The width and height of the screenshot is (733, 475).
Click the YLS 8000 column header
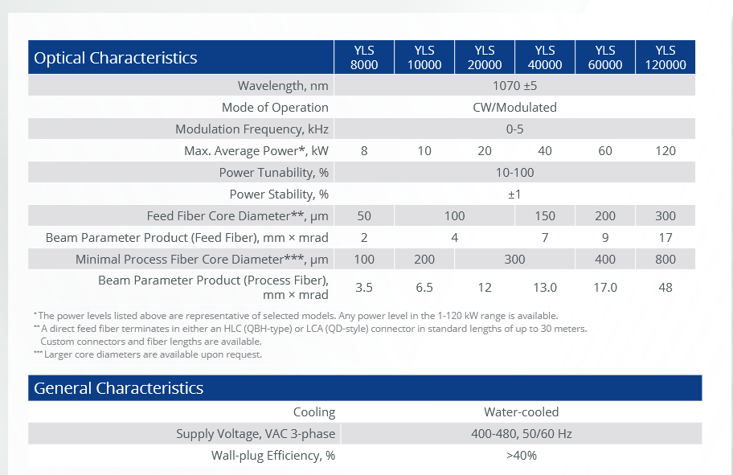point(364,57)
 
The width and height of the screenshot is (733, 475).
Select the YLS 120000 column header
point(665,57)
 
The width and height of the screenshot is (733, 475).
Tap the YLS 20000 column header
point(485,57)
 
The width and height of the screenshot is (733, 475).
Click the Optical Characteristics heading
point(116,58)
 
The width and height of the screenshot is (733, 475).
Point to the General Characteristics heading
point(118,388)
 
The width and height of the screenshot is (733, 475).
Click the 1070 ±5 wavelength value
point(514,86)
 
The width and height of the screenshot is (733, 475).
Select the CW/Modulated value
point(514,108)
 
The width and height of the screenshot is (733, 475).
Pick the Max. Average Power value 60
point(605,151)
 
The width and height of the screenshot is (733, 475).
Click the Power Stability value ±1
point(514,195)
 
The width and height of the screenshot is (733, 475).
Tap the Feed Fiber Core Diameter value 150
point(545,216)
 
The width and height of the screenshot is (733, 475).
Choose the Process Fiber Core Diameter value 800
point(665,260)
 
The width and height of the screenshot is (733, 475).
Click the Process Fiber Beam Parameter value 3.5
point(364,287)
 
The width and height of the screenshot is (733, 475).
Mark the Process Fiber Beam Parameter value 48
point(665,287)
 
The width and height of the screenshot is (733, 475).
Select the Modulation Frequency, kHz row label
point(252,129)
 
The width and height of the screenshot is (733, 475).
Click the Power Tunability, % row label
point(273,173)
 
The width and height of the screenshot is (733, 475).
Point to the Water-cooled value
point(521,412)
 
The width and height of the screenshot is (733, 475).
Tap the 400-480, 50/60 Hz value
point(521,434)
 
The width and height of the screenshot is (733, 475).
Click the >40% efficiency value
point(521,456)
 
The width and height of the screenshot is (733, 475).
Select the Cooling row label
point(313,412)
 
